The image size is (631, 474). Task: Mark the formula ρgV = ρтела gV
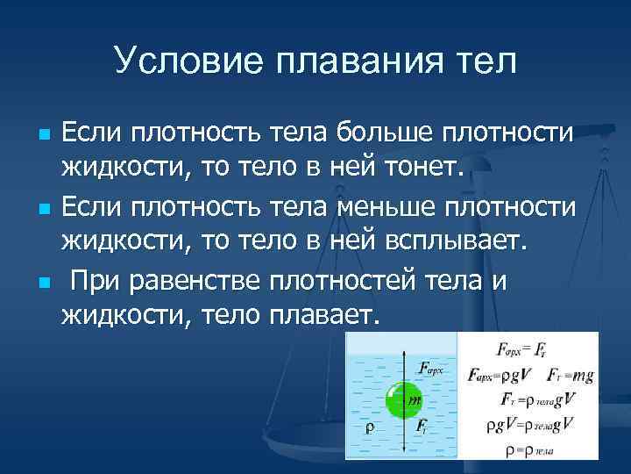point(528,424)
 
